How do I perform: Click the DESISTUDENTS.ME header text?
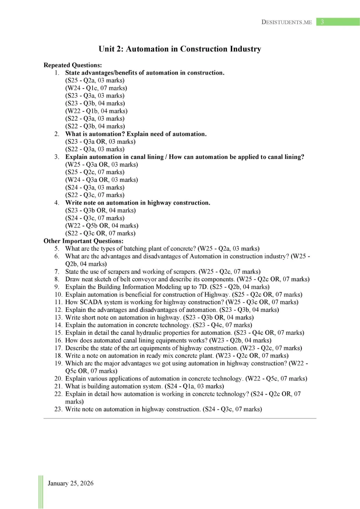point(286,22)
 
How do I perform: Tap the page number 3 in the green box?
point(322,22)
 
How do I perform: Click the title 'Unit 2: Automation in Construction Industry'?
point(180,49)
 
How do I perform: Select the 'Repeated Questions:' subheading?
point(73,65)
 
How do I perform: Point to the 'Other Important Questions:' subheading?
point(83,241)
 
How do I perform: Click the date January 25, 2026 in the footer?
point(71,483)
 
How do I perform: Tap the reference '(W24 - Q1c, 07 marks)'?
point(96,88)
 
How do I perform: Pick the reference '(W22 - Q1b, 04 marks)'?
point(96,111)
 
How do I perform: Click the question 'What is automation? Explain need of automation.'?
point(136,134)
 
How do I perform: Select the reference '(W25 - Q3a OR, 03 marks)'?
point(102,164)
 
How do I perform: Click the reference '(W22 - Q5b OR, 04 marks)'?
point(102,225)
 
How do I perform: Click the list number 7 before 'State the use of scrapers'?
point(57,272)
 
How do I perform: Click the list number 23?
point(58,409)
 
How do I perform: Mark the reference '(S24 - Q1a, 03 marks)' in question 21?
point(194,386)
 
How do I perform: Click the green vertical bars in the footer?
point(41,492)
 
